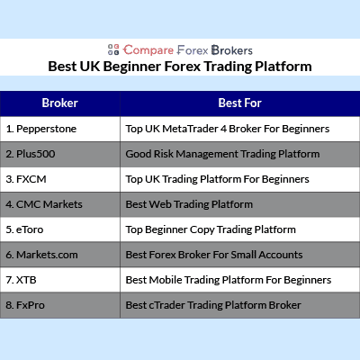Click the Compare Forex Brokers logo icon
tap(113, 49)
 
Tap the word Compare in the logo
tap(148, 50)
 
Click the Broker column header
tap(60, 103)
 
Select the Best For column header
tap(240, 103)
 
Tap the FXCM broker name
tap(31, 179)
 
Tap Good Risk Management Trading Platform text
tap(222, 154)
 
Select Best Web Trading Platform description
tap(189, 204)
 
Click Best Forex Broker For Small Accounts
tap(214, 255)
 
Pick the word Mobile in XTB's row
tap(166, 280)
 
